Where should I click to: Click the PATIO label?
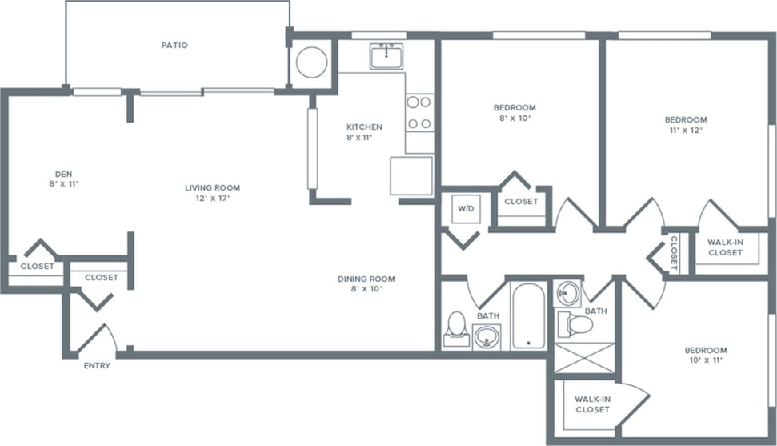click(174, 45)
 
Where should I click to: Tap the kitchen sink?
click(386, 56)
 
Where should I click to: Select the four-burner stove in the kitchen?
click(419, 113)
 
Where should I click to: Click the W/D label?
click(466, 209)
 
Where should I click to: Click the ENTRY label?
click(98, 366)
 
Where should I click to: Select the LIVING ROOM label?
click(212, 188)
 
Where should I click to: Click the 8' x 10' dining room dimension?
click(366, 289)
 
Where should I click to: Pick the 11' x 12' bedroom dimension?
click(686, 130)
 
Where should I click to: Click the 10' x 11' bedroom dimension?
click(705, 361)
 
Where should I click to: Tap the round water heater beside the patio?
click(311, 62)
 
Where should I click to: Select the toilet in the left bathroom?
click(456, 326)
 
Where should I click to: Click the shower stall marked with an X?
click(585, 357)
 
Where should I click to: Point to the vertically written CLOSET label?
click(674, 251)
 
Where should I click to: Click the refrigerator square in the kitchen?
click(411, 175)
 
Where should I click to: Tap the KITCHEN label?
click(364, 127)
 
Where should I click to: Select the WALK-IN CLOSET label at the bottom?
click(592, 404)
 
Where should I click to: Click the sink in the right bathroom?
click(567, 292)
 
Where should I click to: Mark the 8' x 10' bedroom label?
click(514, 118)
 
